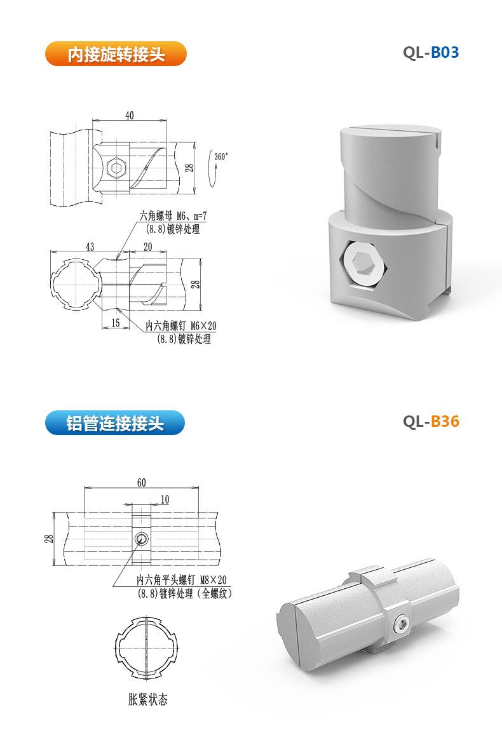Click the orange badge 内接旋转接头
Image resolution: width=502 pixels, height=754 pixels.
(116, 54)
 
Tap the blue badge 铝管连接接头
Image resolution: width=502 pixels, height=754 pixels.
(115, 423)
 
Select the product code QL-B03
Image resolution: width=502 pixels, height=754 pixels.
(430, 53)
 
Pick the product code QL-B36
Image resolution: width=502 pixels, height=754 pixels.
(430, 422)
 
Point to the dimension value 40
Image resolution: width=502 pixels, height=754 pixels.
(130, 115)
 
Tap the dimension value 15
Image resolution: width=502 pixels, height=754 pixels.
(116, 323)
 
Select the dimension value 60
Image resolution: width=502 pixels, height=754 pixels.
(141, 483)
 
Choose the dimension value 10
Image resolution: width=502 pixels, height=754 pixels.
(165, 500)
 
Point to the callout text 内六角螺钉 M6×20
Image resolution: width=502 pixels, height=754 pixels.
(181, 326)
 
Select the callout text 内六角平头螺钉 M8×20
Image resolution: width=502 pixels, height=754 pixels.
(182, 580)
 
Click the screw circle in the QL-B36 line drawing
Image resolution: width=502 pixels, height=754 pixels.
(143, 539)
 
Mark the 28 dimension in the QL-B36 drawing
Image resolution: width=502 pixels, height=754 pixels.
(49, 539)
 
